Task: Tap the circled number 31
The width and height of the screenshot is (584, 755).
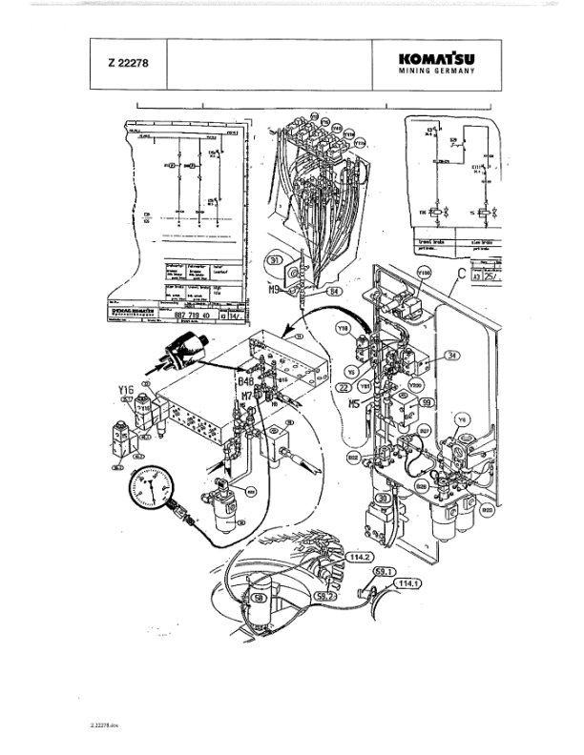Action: point(274,259)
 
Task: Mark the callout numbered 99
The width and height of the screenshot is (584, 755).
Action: point(427,404)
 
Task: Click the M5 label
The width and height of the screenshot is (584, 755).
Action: point(354,401)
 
